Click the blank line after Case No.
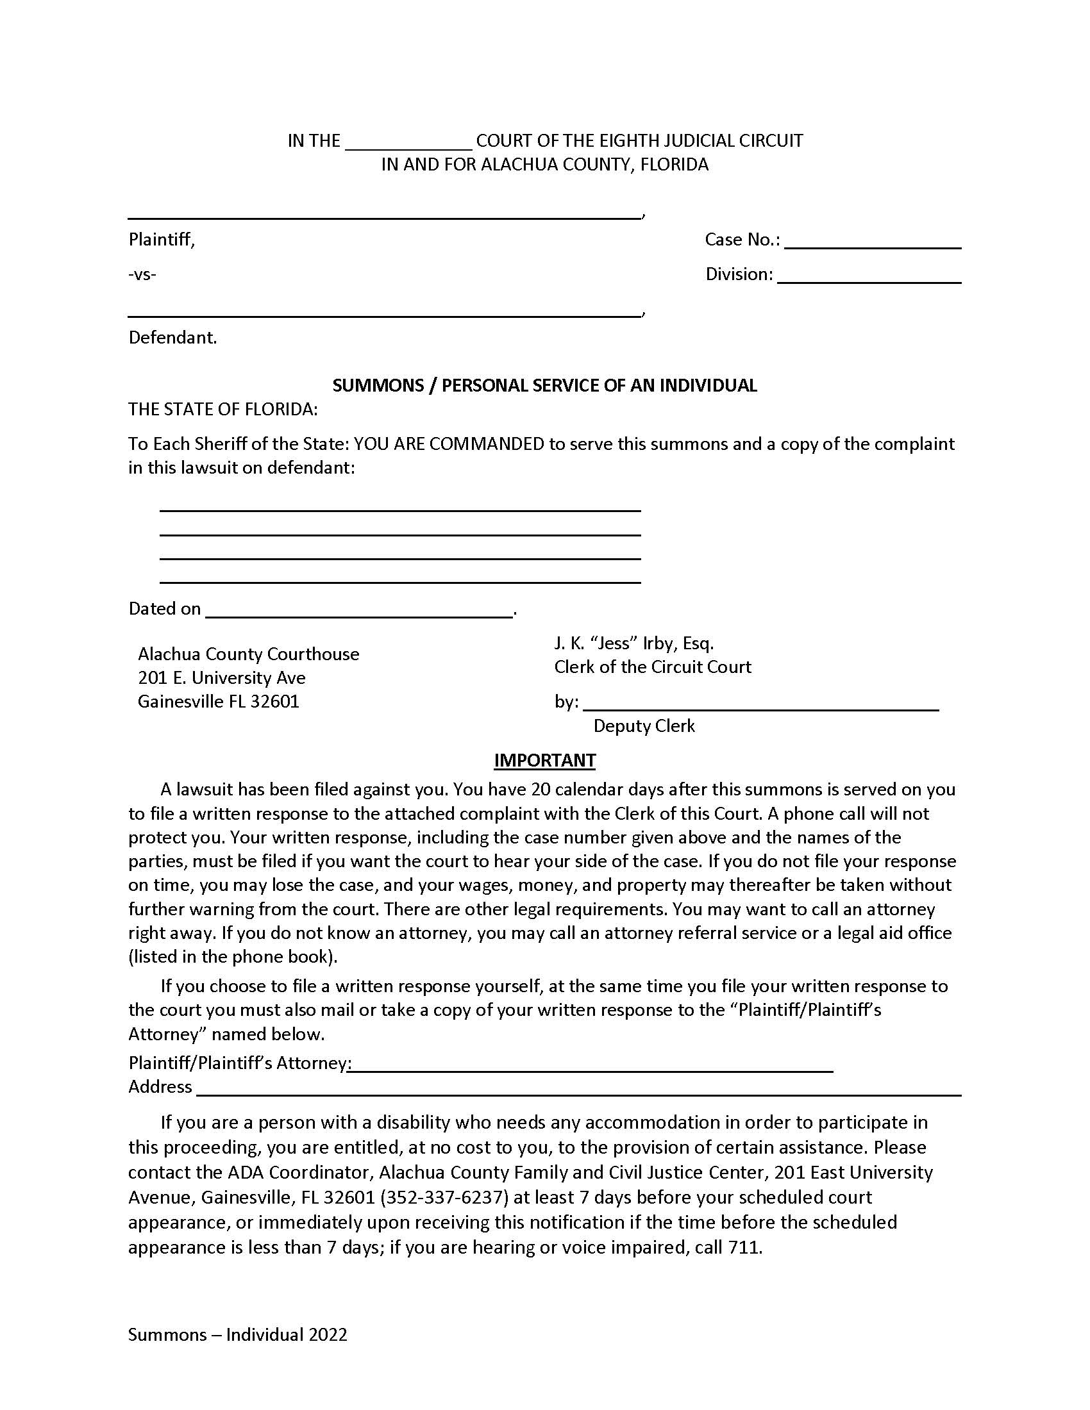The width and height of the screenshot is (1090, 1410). click(x=873, y=242)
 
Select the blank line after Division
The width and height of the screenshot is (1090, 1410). click(x=869, y=277)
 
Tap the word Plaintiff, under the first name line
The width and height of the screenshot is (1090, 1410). click(x=162, y=240)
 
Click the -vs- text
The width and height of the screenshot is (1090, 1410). click(x=142, y=274)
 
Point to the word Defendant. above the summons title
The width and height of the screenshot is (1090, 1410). click(x=172, y=338)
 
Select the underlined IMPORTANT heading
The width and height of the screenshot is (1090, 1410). click(x=544, y=760)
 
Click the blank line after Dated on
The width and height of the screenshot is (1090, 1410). click(x=359, y=611)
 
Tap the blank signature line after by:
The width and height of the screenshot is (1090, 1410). click(x=760, y=704)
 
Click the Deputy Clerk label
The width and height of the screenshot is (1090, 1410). click(x=644, y=726)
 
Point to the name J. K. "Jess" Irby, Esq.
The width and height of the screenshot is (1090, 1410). click(x=633, y=643)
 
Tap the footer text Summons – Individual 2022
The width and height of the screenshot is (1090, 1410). click(x=238, y=1334)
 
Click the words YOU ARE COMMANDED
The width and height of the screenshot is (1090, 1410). click(x=449, y=444)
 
